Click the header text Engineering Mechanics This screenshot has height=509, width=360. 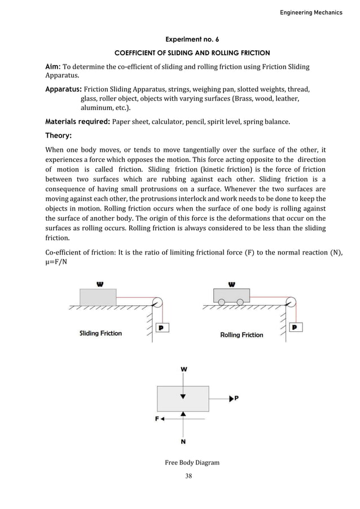click(311, 12)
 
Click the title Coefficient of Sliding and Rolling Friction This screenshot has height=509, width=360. click(192, 53)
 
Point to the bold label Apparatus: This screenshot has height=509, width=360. click(64, 89)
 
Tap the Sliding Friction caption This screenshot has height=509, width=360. click(100, 334)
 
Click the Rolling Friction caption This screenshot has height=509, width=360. click(242, 335)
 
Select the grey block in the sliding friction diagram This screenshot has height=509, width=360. click(98, 296)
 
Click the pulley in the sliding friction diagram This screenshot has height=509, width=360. click(159, 303)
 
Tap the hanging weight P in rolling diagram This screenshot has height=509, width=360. click(294, 327)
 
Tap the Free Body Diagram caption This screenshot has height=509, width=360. click(192, 463)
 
